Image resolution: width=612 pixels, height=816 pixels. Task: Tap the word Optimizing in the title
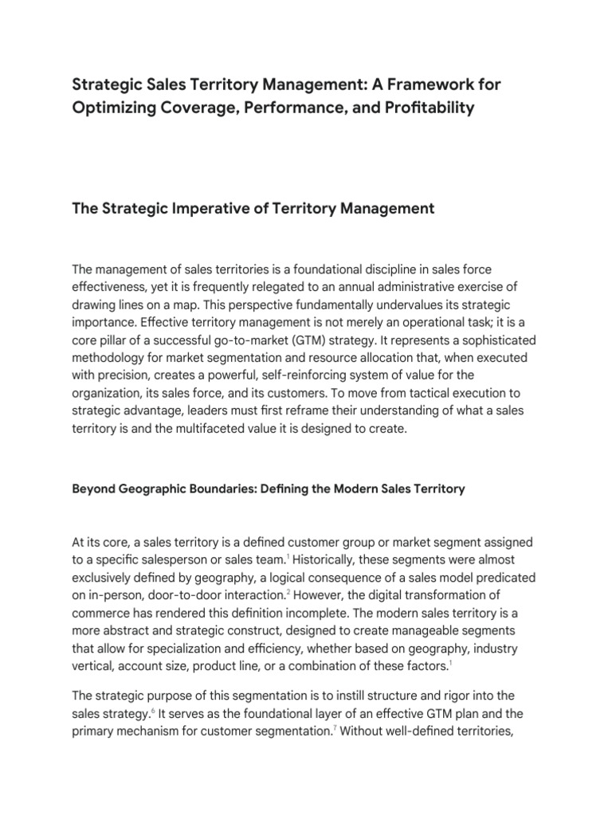[115, 108]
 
